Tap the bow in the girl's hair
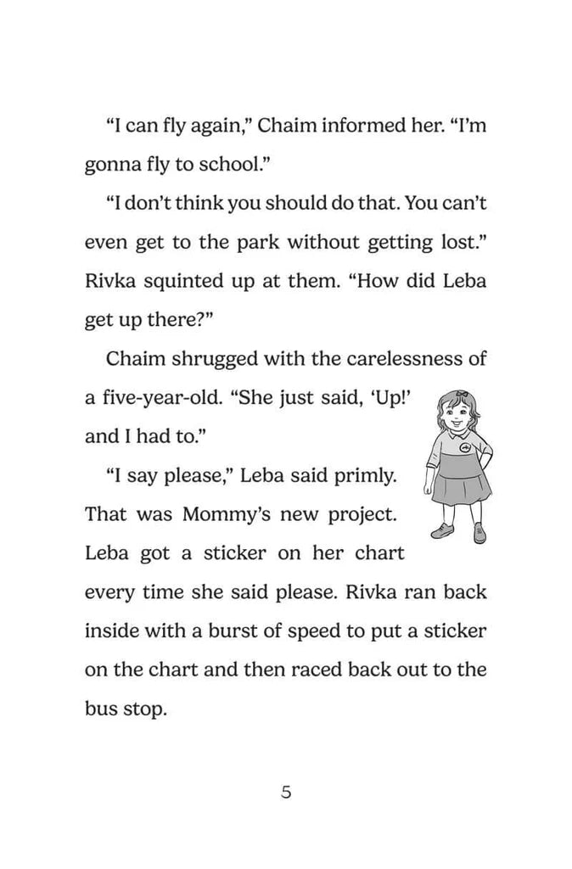[x=461, y=394]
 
